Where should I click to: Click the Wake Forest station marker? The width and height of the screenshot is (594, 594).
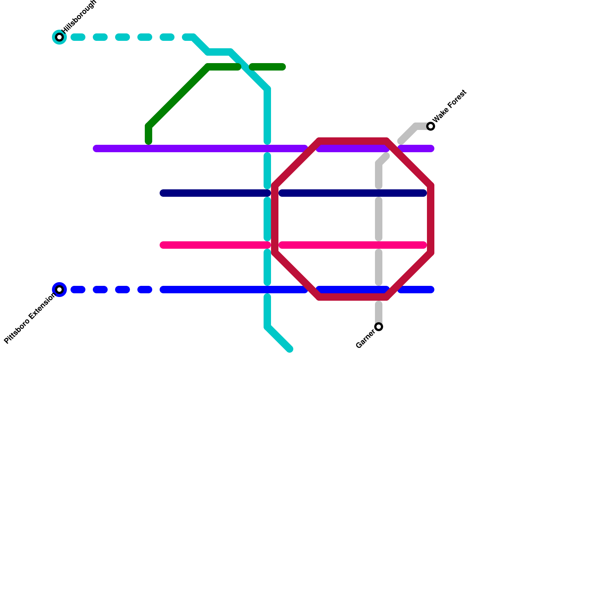[431, 126]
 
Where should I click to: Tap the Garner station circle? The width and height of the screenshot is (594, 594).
[379, 327]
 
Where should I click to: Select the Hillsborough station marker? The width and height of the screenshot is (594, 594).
[59, 37]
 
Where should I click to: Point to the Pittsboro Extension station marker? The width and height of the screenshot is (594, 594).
[59, 290]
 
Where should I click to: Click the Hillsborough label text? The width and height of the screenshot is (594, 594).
[79, 17]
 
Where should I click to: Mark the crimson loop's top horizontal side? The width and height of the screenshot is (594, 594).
[353, 141]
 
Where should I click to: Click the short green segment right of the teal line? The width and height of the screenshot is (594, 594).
[267, 67]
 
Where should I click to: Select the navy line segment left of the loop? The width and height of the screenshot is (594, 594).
[215, 193]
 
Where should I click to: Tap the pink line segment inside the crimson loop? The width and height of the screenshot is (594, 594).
[353, 245]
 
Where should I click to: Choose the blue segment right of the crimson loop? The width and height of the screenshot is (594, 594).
[416, 290]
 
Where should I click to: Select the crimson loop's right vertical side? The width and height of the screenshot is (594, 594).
[431, 219]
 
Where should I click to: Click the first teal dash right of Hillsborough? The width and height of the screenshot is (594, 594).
[78, 37]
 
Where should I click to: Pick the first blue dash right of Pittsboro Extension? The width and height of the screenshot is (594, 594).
[78, 290]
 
